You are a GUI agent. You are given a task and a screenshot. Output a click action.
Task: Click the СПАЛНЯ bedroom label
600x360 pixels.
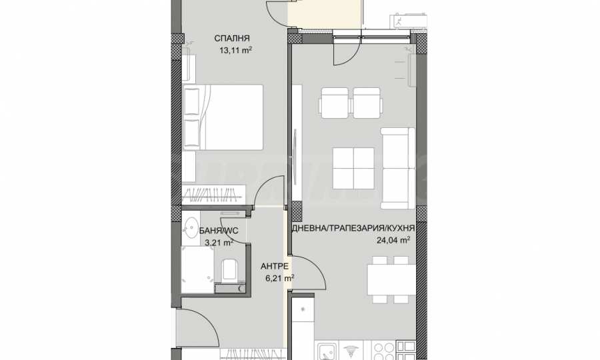[232, 38]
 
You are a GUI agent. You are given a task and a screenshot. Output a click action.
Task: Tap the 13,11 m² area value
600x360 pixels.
[235, 50]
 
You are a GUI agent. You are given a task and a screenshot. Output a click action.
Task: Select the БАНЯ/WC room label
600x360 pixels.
[219, 231]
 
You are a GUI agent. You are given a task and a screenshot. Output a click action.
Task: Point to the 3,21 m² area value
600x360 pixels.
[219, 243]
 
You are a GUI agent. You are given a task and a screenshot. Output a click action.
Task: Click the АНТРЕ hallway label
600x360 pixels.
[275, 266]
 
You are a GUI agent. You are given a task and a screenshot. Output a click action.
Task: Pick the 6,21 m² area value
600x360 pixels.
[280, 278]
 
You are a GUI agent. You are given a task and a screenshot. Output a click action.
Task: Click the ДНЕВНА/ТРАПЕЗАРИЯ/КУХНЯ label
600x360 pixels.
[353, 229]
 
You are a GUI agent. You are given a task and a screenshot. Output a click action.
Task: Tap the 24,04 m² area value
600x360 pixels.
[393, 240]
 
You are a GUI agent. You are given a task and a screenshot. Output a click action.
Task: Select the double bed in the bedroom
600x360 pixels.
[223, 117]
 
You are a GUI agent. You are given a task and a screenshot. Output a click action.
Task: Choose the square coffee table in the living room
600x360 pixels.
[353, 168]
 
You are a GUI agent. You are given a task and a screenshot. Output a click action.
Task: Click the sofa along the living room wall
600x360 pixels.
[398, 168]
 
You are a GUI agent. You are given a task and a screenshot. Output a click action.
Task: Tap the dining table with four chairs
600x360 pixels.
[391, 279]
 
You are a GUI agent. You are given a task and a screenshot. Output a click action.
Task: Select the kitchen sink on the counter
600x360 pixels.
[327, 351]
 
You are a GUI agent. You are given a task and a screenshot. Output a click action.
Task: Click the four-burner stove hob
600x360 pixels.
[384, 351]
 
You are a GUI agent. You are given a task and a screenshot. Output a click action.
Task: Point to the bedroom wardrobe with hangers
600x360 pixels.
[213, 195]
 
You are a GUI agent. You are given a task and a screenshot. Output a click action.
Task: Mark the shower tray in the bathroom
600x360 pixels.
[197, 270]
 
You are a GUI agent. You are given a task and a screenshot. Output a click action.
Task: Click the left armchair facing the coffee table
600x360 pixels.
[335, 103]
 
